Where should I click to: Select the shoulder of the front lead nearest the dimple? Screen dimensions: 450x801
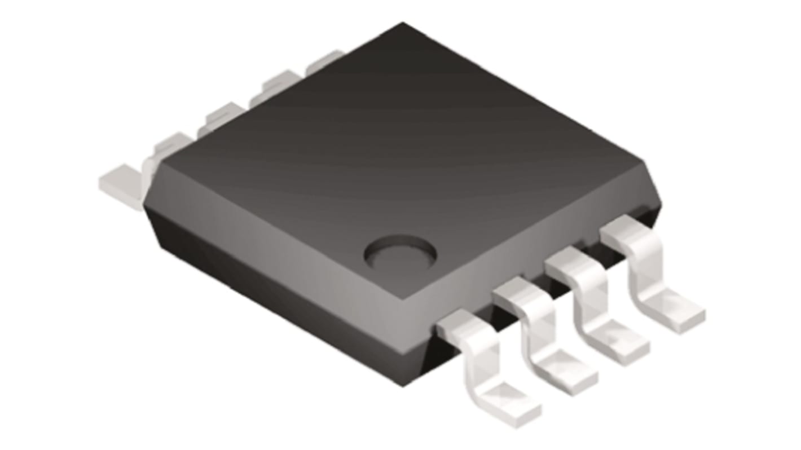[x=460, y=327]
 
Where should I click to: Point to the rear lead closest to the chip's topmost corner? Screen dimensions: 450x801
[x=324, y=62]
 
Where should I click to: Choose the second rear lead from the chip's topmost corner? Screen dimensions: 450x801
[x=276, y=85]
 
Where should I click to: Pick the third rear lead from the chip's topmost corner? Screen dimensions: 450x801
[x=223, y=116]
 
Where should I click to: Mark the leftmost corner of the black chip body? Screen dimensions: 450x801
[x=145, y=206]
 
